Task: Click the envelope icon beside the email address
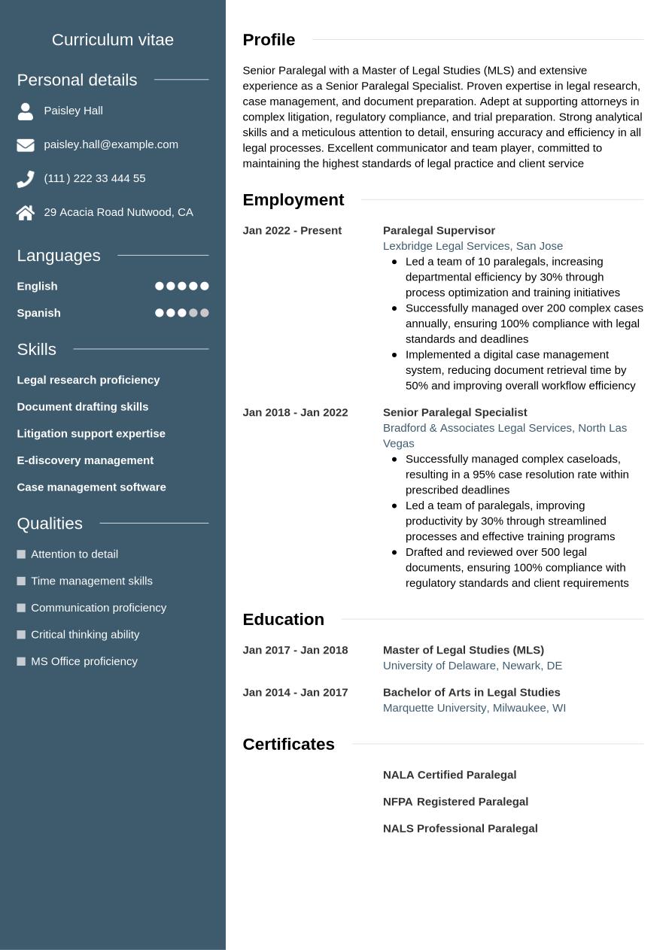(x=26, y=144)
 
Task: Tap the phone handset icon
(x=26, y=179)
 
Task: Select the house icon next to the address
(x=26, y=213)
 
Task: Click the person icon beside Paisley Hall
(x=26, y=111)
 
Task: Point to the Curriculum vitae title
(x=113, y=40)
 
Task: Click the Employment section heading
(x=293, y=200)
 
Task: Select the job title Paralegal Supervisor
(x=439, y=230)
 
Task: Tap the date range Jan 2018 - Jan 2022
(x=295, y=412)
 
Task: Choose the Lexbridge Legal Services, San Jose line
(x=473, y=246)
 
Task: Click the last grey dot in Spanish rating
(x=205, y=313)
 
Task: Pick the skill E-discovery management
(x=85, y=460)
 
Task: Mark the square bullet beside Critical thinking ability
(x=21, y=635)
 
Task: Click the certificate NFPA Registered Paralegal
(x=455, y=802)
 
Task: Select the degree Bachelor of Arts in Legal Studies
(x=471, y=692)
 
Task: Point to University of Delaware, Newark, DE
(x=472, y=666)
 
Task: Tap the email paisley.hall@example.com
(x=111, y=144)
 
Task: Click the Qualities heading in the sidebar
(x=50, y=524)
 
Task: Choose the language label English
(x=37, y=286)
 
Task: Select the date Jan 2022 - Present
(x=292, y=230)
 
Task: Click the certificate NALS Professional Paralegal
(x=460, y=828)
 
